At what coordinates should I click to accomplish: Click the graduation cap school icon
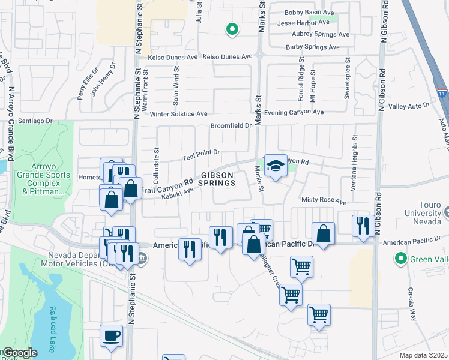click(276, 166)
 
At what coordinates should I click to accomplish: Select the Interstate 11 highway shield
click(441, 94)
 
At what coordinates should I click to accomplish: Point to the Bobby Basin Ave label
click(309, 12)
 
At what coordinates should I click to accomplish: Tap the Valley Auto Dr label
click(409, 106)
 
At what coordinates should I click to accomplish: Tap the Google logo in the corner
click(19, 353)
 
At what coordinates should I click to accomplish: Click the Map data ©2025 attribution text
click(423, 355)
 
